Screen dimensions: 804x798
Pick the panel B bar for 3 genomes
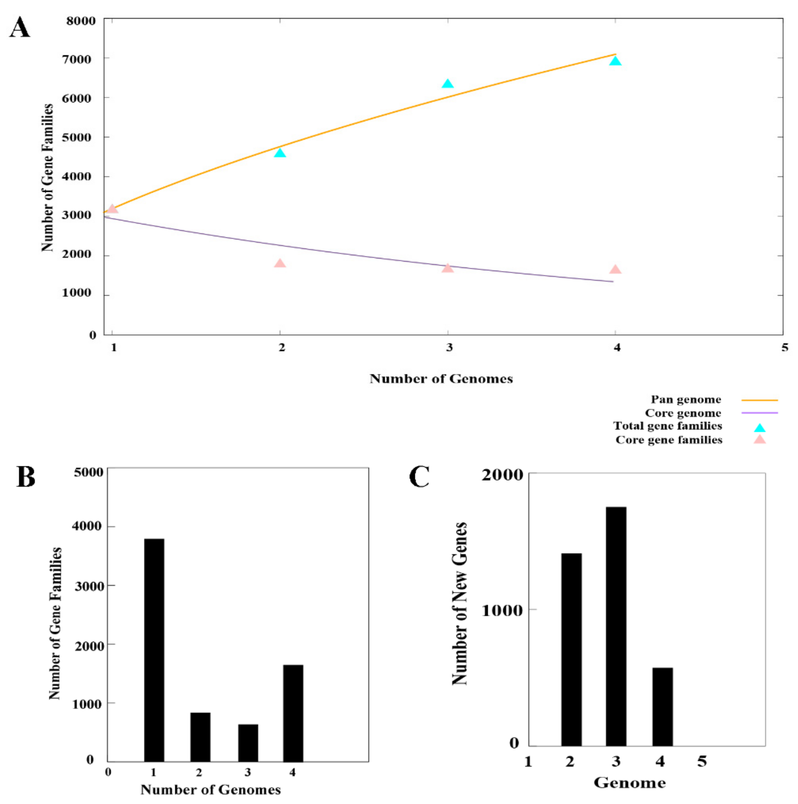248,743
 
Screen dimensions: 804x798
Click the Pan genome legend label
686,399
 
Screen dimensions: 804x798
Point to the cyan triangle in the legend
760,428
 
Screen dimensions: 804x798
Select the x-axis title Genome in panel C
630,783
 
